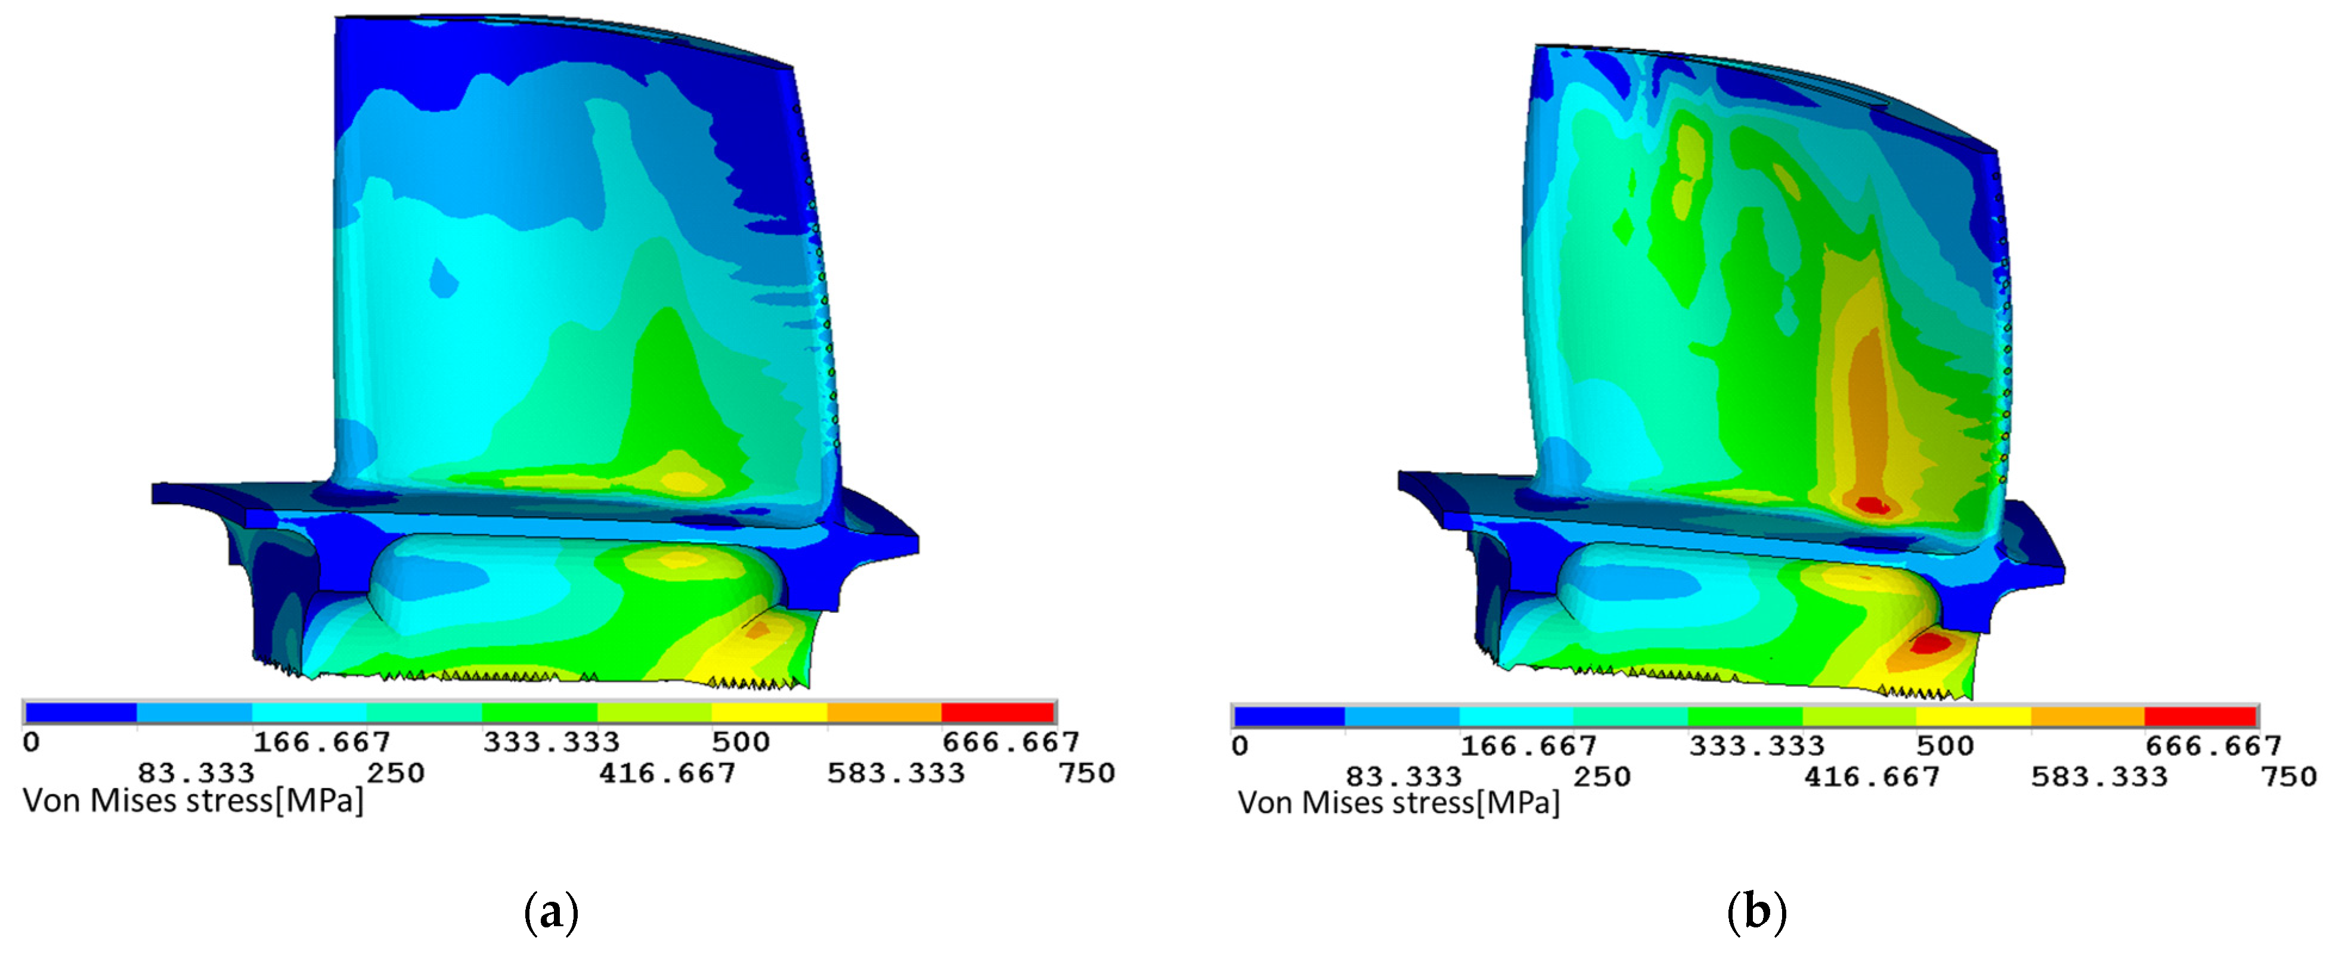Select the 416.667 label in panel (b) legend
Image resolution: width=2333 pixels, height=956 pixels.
click(1872, 777)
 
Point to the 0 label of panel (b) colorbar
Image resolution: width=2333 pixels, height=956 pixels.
click(1241, 746)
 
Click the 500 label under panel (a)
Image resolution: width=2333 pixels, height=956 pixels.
click(741, 743)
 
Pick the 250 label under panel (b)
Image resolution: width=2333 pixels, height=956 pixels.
click(1601, 777)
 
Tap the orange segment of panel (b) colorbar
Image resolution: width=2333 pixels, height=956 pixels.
click(2087, 716)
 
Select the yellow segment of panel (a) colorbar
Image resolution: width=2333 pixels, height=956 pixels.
click(769, 712)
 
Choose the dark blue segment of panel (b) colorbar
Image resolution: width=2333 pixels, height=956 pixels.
click(1290, 716)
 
